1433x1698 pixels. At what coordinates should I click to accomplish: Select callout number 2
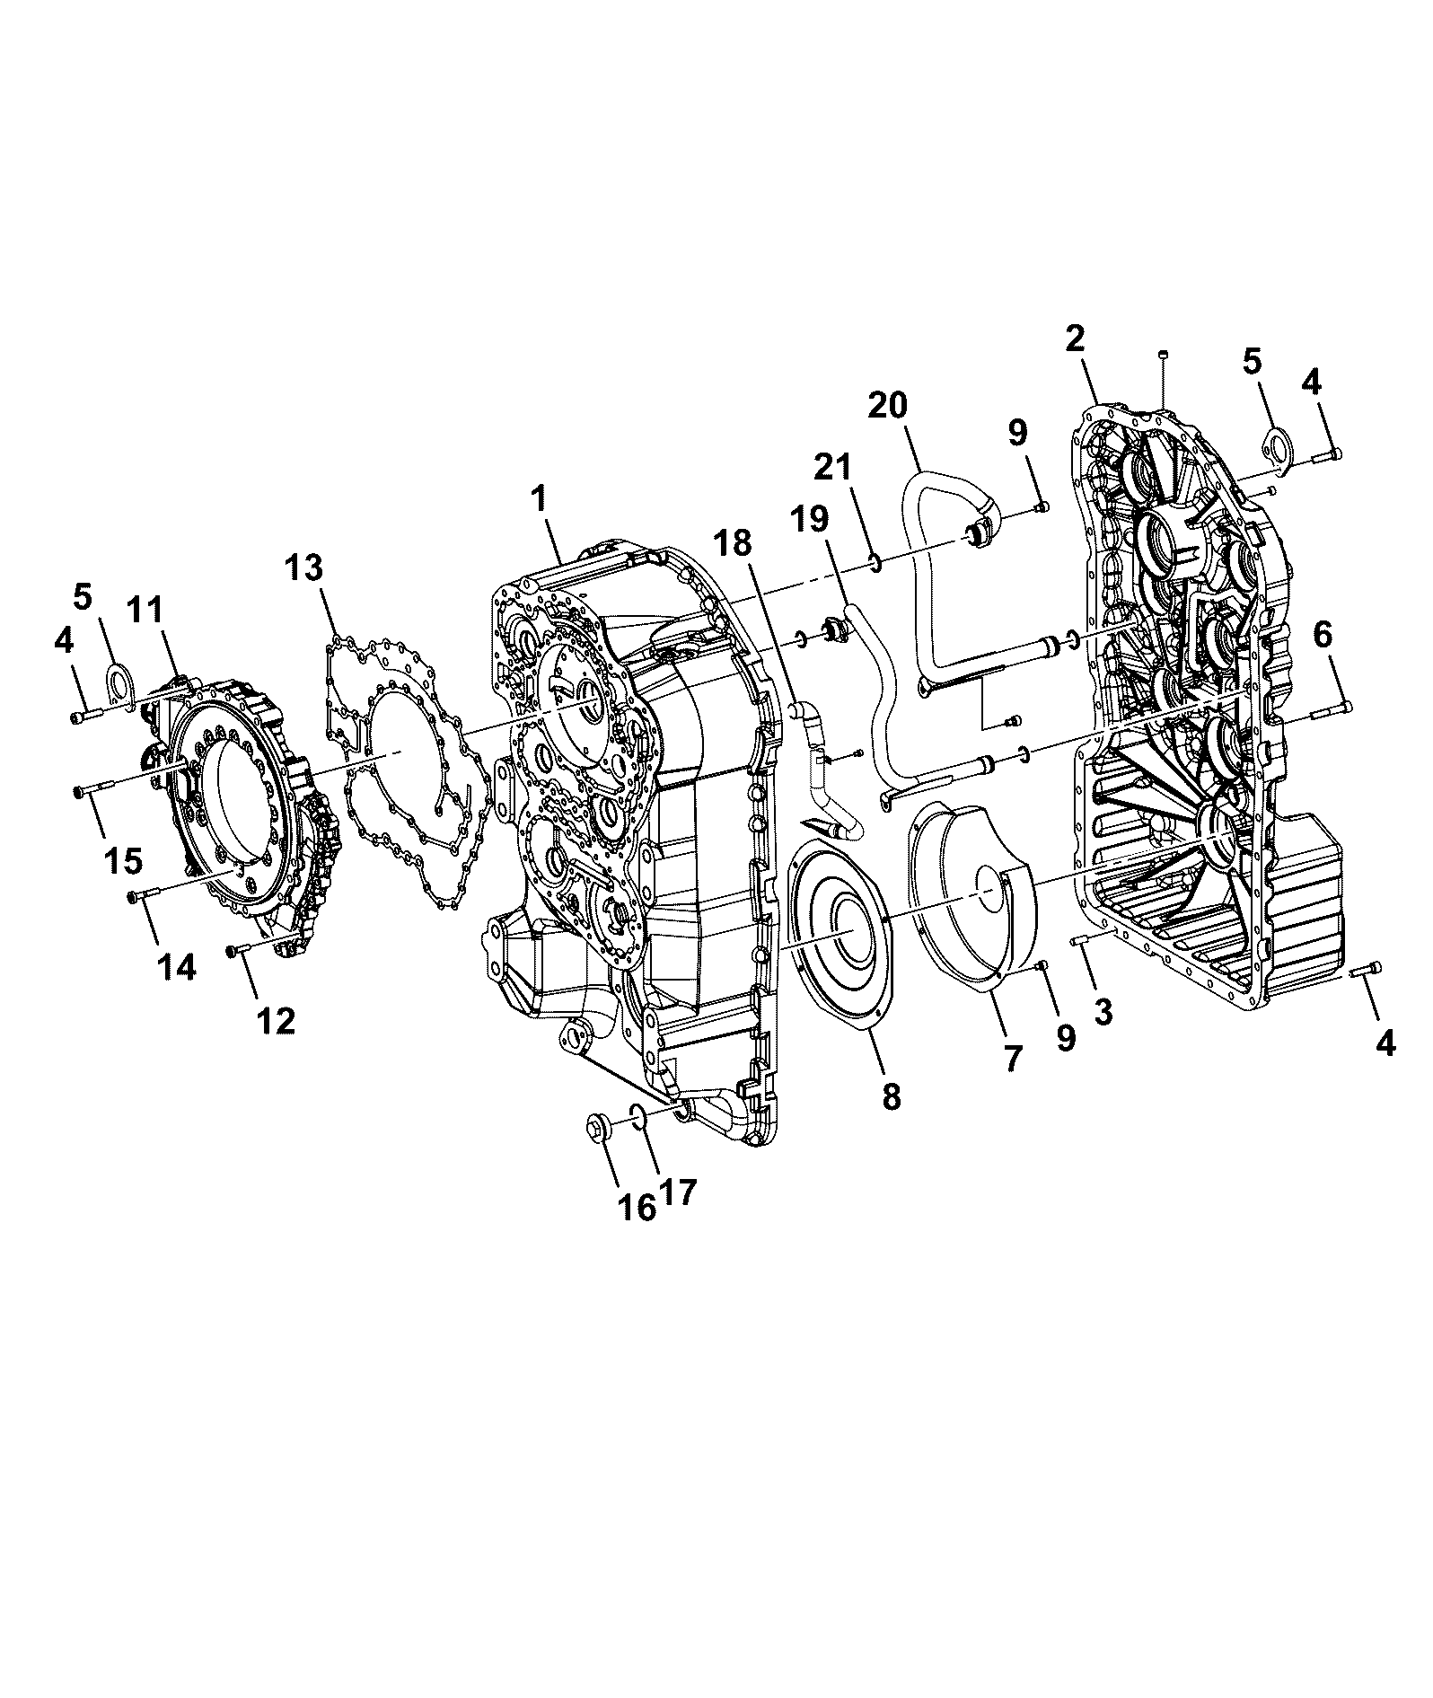tap(1075, 339)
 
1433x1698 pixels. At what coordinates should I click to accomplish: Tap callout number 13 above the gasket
tap(306, 568)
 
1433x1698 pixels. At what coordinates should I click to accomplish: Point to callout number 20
tap(888, 406)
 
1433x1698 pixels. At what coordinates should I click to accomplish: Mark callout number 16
tap(636, 1207)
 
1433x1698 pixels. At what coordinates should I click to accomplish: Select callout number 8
tap(891, 1096)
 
